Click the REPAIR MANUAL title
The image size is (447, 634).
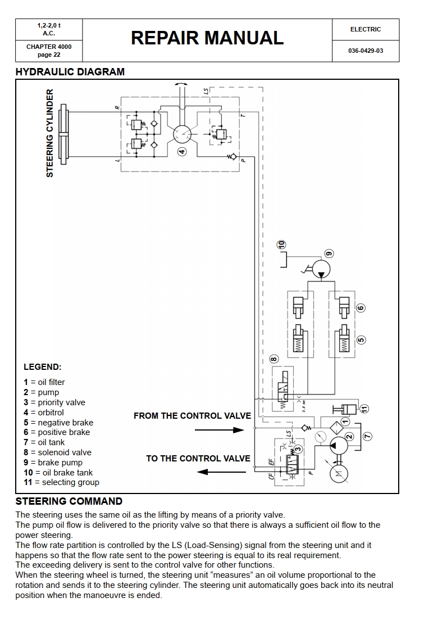tap(207, 38)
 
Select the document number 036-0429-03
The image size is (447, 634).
tap(366, 51)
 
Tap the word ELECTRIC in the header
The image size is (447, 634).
tap(366, 30)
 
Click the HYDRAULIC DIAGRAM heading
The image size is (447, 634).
tap(70, 72)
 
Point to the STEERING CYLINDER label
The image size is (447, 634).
tap(50, 133)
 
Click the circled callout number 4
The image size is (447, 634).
tap(183, 152)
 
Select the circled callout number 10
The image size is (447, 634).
tap(281, 244)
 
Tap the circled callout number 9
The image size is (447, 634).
tap(329, 254)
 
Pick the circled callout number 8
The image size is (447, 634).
tap(273, 359)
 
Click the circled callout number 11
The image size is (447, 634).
tap(364, 409)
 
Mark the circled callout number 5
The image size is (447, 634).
tap(361, 339)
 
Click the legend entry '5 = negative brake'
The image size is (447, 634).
tap(58, 423)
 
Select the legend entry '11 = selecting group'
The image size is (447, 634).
tap(61, 482)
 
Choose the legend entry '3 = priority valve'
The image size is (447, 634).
tap(54, 402)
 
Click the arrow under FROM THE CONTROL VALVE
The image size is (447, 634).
tap(220, 430)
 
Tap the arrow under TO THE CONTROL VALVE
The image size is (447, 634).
tap(221, 472)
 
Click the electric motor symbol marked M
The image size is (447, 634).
tap(339, 473)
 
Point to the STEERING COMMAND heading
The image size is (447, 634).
tap(69, 501)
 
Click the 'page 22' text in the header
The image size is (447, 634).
tap(49, 55)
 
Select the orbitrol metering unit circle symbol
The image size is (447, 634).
tap(182, 134)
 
